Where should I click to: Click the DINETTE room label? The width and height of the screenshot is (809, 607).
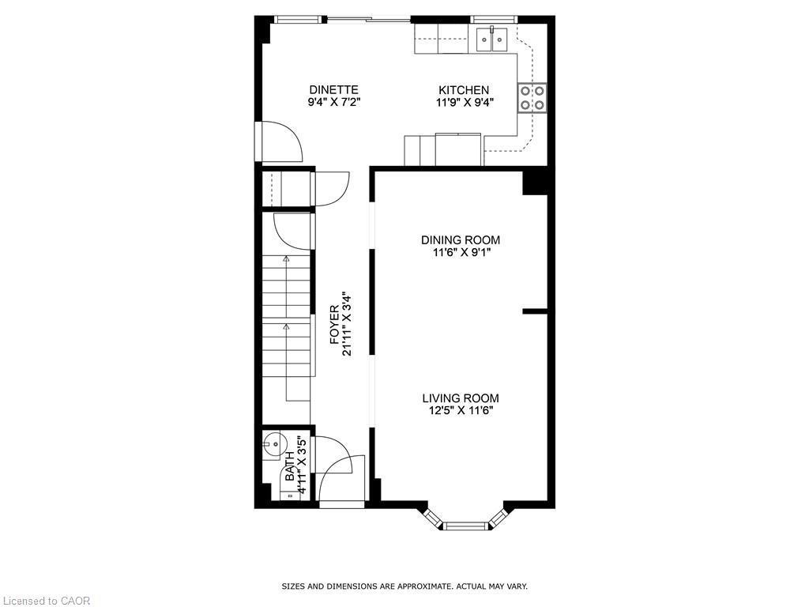point(333,89)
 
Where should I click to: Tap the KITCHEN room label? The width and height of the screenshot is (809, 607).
point(464,89)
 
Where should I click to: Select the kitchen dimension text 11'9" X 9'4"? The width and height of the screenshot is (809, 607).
point(464,102)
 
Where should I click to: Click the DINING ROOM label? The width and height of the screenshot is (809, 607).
point(460,240)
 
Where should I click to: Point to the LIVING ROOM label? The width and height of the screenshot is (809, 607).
point(460,398)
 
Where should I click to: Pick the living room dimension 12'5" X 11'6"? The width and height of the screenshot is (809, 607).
point(460,411)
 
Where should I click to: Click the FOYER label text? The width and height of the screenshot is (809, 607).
point(334,325)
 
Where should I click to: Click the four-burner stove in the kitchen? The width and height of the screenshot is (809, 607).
point(532,96)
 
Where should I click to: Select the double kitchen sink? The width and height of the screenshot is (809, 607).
point(491,37)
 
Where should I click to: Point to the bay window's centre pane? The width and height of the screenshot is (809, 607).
point(466,524)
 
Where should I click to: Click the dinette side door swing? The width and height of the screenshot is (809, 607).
point(280,142)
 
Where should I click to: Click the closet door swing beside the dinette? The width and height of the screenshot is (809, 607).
point(330,188)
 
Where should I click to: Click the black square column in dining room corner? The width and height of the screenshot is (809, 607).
point(535,182)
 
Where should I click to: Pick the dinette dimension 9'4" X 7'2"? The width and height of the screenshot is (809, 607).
point(333,102)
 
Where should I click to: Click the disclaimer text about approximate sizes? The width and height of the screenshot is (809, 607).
point(404,586)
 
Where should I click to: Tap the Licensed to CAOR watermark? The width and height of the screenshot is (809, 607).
point(46,601)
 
